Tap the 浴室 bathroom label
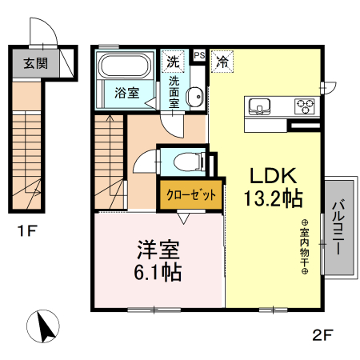(126, 92)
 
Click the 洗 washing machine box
(173, 59)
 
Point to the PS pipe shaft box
(198, 55)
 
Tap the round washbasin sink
(194, 98)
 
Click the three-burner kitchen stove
(303, 105)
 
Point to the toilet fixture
(182, 161)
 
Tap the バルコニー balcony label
(337, 227)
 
